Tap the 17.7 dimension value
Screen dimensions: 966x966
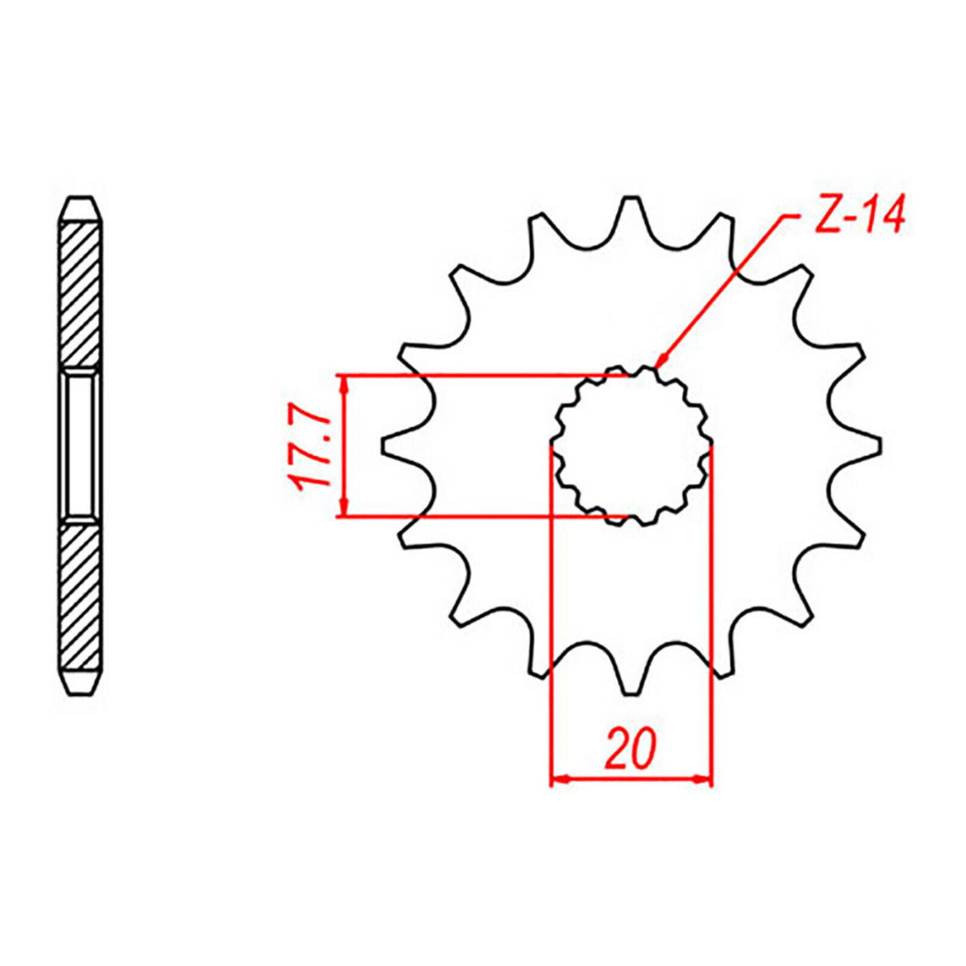click(x=310, y=450)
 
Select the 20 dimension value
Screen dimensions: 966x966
click(x=630, y=749)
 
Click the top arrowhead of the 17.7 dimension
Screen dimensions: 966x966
click(x=344, y=384)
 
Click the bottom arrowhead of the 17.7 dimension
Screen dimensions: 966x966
click(x=344, y=507)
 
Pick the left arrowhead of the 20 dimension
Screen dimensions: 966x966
click(x=560, y=779)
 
